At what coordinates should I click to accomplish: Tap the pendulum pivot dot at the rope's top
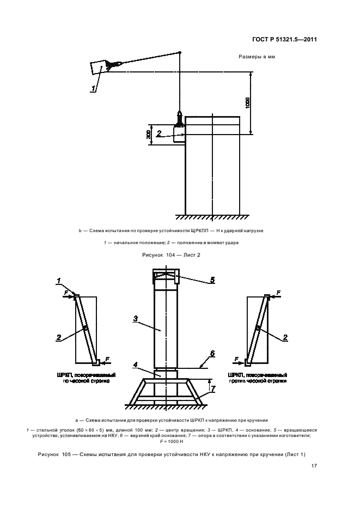[x=179, y=52]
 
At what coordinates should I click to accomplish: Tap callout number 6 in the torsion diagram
[x=212, y=354]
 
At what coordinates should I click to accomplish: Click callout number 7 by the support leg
[x=212, y=388]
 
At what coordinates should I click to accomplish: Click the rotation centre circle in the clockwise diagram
[x=86, y=329]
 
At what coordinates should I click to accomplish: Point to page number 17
[x=314, y=466]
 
